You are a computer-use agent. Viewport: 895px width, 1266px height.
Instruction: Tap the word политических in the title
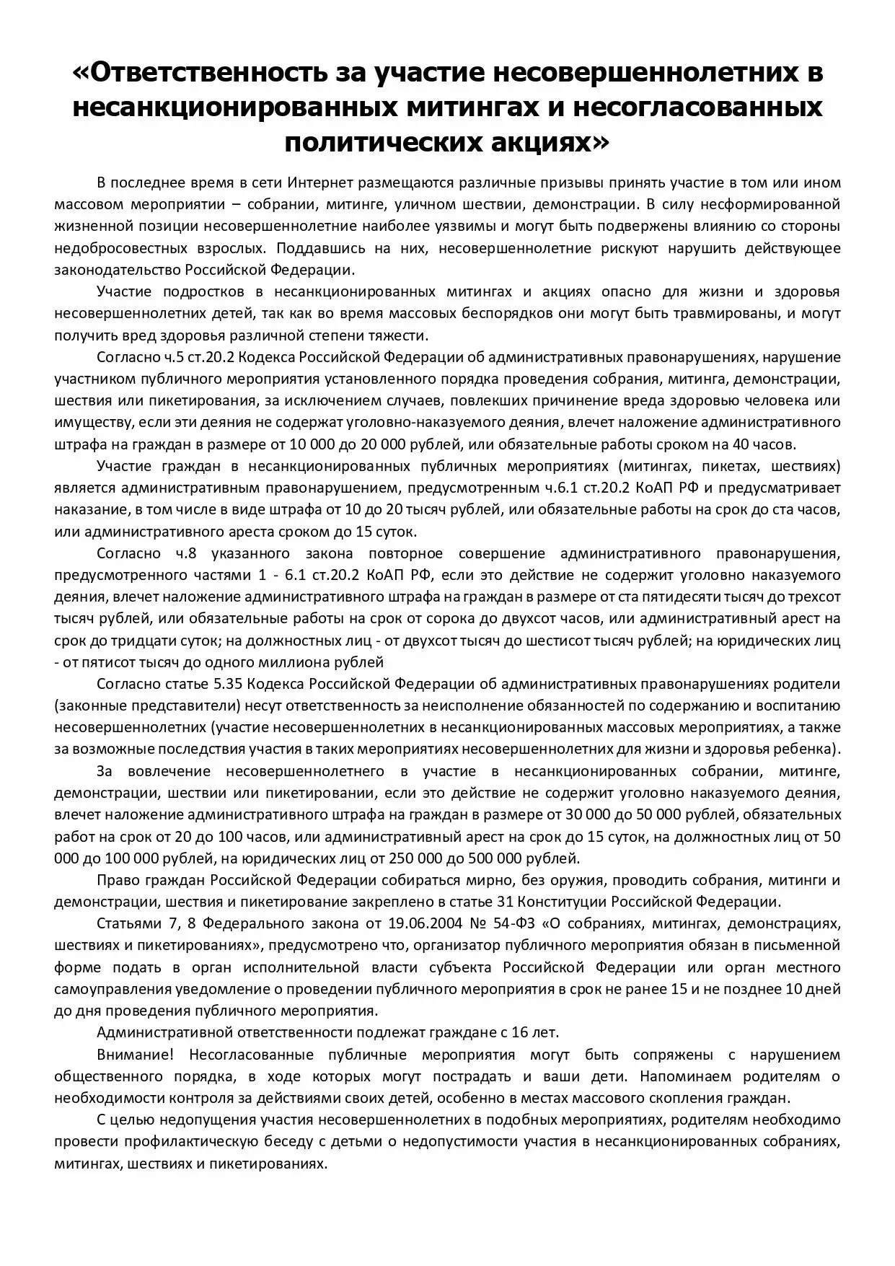(376, 142)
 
